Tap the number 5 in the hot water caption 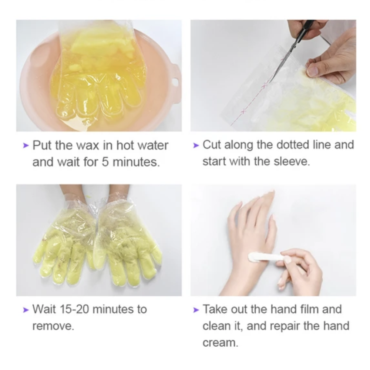coord(105,162)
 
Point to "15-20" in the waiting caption coord(76,309)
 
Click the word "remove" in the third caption coord(53,326)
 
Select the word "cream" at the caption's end coord(220,343)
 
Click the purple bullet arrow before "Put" coord(26,145)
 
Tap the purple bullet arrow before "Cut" coord(196,145)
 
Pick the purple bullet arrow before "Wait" coord(26,310)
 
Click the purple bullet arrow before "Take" coord(196,310)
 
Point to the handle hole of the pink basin coord(175,82)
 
